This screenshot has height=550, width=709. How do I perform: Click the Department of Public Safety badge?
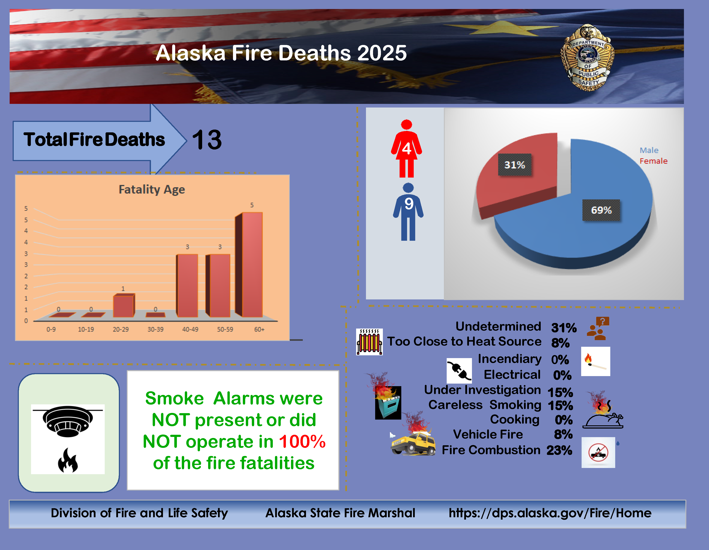pyautogui.click(x=588, y=58)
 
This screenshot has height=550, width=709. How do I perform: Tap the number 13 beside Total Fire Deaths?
pyautogui.click(x=207, y=140)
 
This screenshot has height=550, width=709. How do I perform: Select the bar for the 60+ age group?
pyautogui.click(x=249, y=264)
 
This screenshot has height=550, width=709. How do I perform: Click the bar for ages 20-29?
pyautogui.click(x=124, y=305)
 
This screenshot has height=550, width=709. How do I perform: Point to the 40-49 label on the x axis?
pyautogui.click(x=190, y=329)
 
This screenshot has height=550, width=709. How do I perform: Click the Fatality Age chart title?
pyautogui.click(x=152, y=189)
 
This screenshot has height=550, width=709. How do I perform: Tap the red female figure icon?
pyautogui.click(x=406, y=148)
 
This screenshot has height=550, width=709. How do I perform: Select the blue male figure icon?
pyautogui.click(x=408, y=212)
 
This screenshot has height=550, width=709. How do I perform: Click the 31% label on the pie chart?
pyautogui.click(x=515, y=165)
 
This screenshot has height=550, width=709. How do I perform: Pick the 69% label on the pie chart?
pyautogui.click(x=601, y=210)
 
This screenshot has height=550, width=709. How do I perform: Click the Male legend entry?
pyautogui.click(x=649, y=150)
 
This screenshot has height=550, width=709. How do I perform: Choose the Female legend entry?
pyautogui.click(x=654, y=161)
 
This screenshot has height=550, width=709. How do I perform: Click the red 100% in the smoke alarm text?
pyautogui.click(x=302, y=442)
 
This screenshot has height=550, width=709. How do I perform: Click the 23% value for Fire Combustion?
pyautogui.click(x=559, y=450)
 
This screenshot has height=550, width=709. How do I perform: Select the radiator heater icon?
pyautogui.click(x=369, y=342)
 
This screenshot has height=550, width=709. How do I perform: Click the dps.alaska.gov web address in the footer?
pyautogui.click(x=550, y=513)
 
